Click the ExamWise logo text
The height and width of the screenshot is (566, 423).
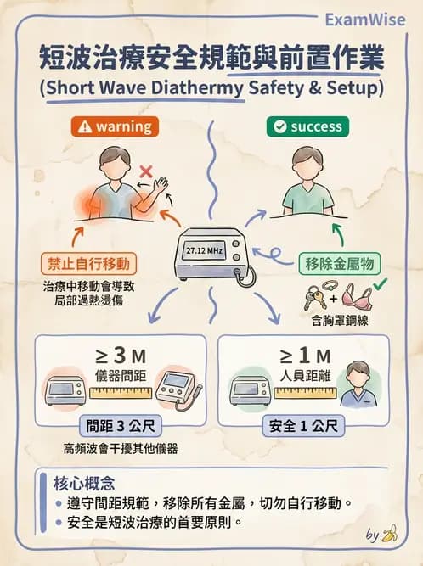pos(365,20)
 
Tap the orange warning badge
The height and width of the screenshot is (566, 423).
pos(115,126)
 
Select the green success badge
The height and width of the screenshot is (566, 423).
pos(307,126)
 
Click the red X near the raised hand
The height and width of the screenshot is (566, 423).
pos(146,171)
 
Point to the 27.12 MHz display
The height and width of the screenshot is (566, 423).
pos(204,250)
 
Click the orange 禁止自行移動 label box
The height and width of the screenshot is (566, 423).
pos(88,264)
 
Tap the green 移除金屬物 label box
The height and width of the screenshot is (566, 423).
pos(340,264)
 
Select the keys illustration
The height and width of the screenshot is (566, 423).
pos(314,298)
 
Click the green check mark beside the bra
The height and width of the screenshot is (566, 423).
pos(380,284)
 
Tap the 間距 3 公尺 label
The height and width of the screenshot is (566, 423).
pos(121,426)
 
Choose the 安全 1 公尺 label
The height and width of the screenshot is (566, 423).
pos(303,426)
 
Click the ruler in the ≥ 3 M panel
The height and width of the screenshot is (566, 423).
pos(121,393)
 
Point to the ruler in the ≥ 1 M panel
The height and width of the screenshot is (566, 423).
pos(305,393)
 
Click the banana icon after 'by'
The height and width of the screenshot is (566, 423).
pos(390,534)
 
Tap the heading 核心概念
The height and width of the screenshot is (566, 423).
pos(84,484)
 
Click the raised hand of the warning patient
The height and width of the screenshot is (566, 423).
pos(161,184)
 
